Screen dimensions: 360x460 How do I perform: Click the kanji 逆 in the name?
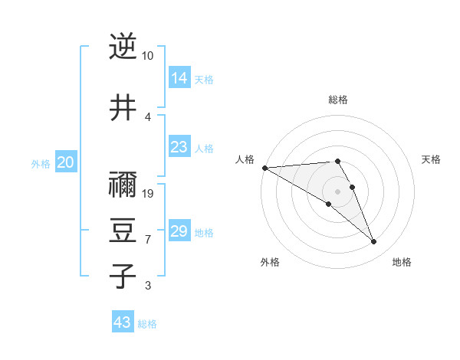[x=123, y=47]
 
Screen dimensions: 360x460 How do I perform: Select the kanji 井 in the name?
[x=123, y=108]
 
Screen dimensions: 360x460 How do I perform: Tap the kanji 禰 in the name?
[x=123, y=185]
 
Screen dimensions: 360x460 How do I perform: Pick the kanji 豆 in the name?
[x=123, y=231]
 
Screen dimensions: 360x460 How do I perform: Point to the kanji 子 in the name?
[x=123, y=277]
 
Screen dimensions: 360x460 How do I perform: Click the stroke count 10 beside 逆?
[x=148, y=56]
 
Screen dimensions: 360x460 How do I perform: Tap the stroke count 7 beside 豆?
[x=148, y=240]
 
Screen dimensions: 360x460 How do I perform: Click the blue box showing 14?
[x=179, y=78]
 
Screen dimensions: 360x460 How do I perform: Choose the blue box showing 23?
[x=179, y=147]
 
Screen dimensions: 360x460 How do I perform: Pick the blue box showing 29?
[x=179, y=231]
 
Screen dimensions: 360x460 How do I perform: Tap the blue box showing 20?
[x=66, y=162]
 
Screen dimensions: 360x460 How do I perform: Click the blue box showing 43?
[x=123, y=322]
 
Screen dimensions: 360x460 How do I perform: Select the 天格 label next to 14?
[x=204, y=79]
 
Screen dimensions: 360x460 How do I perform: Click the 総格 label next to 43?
[x=147, y=324]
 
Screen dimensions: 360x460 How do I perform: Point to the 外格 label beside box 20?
[x=41, y=163]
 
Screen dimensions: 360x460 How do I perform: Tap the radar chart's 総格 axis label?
[x=338, y=100]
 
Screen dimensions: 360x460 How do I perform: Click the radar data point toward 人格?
[x=264, y=168]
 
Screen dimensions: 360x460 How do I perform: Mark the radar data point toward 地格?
[x=374, y=242]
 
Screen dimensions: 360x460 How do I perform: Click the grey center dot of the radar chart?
[x=338, y=191]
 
